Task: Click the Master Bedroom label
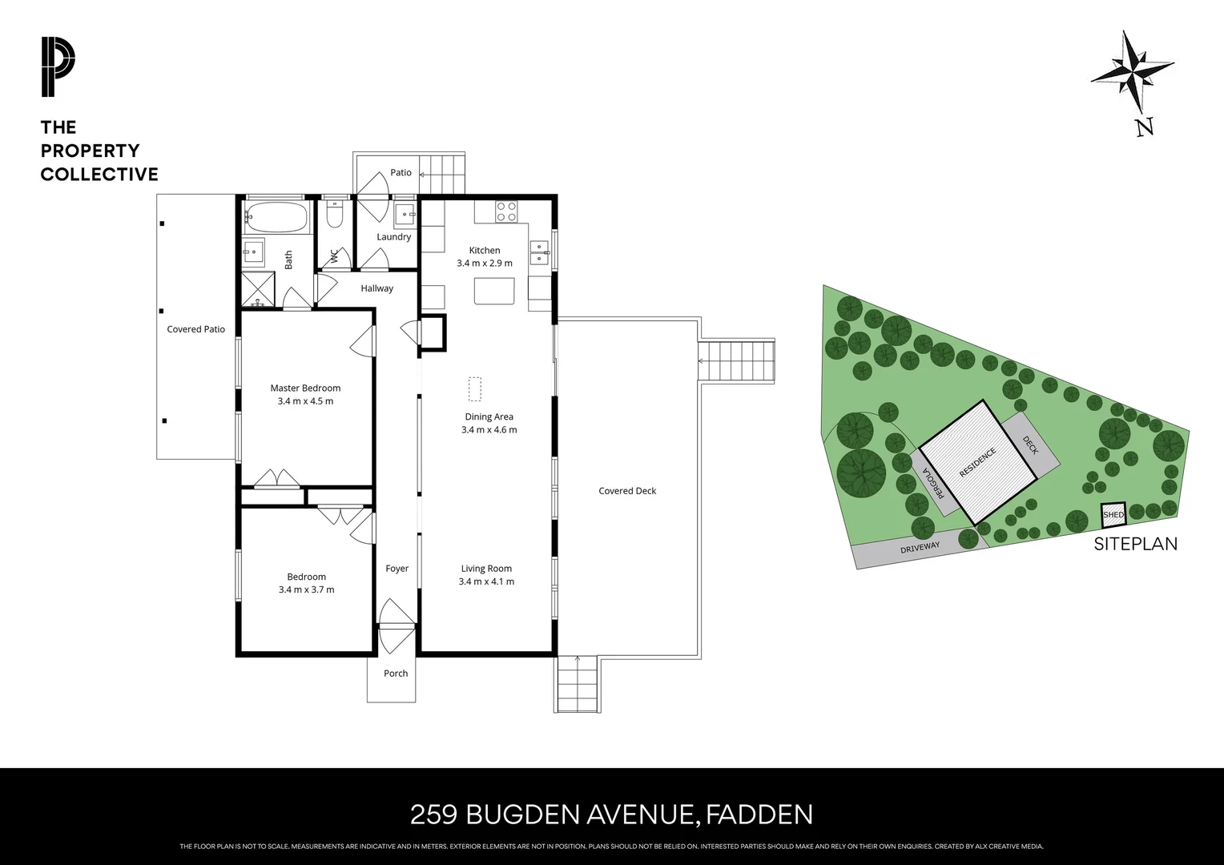[x=305, y=388]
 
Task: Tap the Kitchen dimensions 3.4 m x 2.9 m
[x=485, y=264]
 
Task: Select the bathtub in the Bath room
[x=276, y=215]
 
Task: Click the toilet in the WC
[x=334, y=215]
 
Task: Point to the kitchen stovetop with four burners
[x=506, y=211]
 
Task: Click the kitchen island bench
[x=494, y=290]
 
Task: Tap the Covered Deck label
[x=627, y=491]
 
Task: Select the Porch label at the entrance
[x=396, y=674]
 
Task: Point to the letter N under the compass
[x=1144, y=127]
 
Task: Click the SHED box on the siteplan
[x=1113, y=514]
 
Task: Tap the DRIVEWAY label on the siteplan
[x=920, y=549]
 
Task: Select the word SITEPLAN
[x=1135, y=544]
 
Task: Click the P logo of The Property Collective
[x=58, y=68]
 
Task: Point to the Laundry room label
[x=394, y=237]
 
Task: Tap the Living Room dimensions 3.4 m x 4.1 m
[x=486, y=581]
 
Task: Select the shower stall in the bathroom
[x=258, y=290]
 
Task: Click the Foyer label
[x=397, y=569]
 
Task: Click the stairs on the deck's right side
[x=737, y=361]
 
